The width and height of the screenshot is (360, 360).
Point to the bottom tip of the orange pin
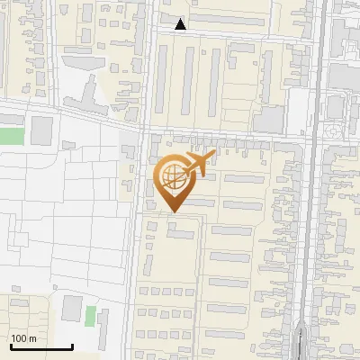pos(171,211)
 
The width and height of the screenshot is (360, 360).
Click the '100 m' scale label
pos(23,338)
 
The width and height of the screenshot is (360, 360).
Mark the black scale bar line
pos(40,346)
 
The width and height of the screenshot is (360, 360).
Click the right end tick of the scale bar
pos(71,345)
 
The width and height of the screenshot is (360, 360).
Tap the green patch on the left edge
pos(10,136)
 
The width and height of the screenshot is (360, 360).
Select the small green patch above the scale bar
pos(90,316)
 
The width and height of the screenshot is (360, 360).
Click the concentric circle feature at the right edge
pos(335,131)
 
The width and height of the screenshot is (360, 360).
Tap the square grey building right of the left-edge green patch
pos(42,131)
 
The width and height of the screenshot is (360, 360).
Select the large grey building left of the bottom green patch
pos(72,308)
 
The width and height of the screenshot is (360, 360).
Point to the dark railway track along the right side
pos(309,225)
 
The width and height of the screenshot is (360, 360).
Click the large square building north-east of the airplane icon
pos(268,120)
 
